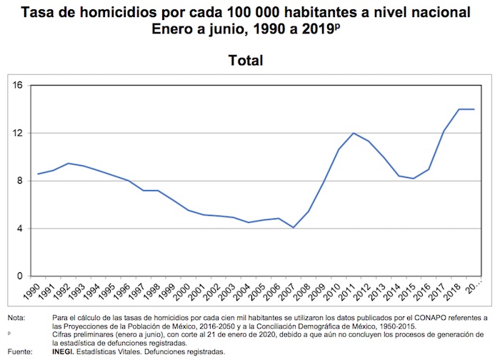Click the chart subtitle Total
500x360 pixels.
pos(246,61)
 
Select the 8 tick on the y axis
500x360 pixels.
pos(21,181)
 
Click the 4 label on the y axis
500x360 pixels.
pos(21,229)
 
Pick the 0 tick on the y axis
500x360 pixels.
pos(21,276)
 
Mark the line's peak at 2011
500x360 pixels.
pos(354,133)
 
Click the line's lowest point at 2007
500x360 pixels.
pos(294,227)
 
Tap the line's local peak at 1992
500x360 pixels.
pos(68,164)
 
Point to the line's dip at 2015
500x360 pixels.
pos(414,179)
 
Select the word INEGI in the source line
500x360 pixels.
pos(66,351)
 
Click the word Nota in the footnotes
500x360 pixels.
pos(16,317)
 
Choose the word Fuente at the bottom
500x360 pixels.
pos(19,351)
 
